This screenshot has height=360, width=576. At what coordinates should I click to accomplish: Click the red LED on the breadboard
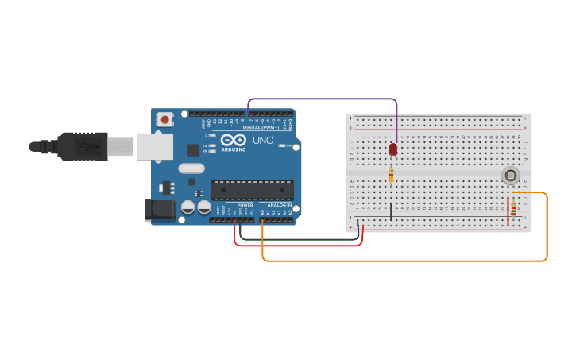point(393,149)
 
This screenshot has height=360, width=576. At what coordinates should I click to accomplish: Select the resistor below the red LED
point(391,176)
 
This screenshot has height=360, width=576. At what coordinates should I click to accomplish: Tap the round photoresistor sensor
point(510,175)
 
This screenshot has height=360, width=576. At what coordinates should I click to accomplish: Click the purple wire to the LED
point(322,99)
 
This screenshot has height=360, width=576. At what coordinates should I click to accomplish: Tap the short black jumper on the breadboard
point(391,211)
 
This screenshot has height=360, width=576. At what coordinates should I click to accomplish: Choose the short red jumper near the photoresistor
point(508,211)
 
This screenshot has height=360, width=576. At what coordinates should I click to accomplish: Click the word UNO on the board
point(263,141)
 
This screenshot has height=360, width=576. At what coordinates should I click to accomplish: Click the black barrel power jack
point(160,210)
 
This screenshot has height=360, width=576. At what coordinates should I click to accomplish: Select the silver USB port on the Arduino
point(154,146)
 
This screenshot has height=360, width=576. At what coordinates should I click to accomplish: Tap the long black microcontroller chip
point(252,190)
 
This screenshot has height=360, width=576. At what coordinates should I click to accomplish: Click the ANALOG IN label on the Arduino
point(278,205)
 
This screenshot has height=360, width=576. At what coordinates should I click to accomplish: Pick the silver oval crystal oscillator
point(191,168)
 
